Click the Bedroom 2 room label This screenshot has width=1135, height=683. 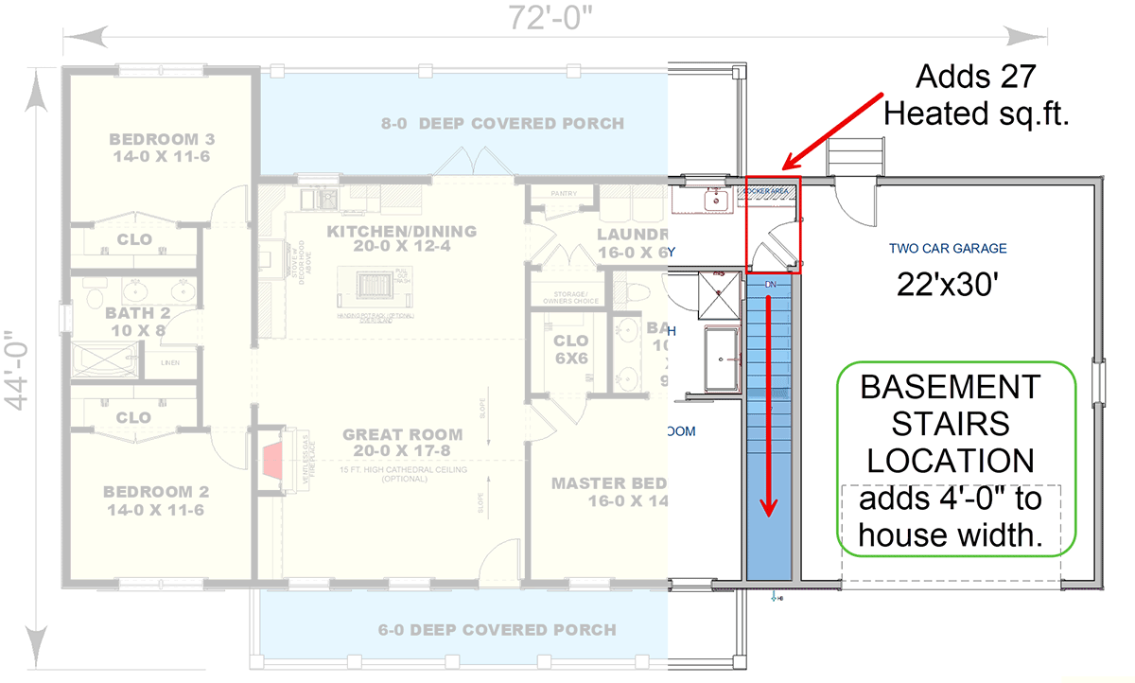coord(154,500)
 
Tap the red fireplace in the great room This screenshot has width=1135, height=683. coord(272,462)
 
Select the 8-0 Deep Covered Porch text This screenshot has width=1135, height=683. coord(502,123)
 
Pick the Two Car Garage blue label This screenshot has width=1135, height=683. coord(947,249)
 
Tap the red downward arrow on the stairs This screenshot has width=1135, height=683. coord(772,407)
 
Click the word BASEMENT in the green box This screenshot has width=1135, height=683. coord(950,388)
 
